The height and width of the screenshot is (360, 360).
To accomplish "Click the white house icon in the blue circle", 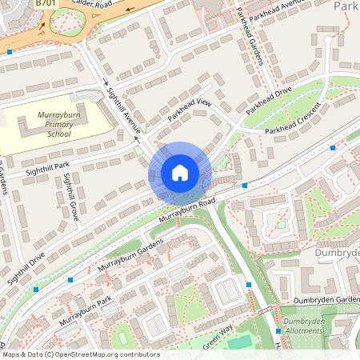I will coord(180,173).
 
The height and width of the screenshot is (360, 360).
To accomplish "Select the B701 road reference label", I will coord(46,4).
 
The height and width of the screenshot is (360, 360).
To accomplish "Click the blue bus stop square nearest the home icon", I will coord(245,186).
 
